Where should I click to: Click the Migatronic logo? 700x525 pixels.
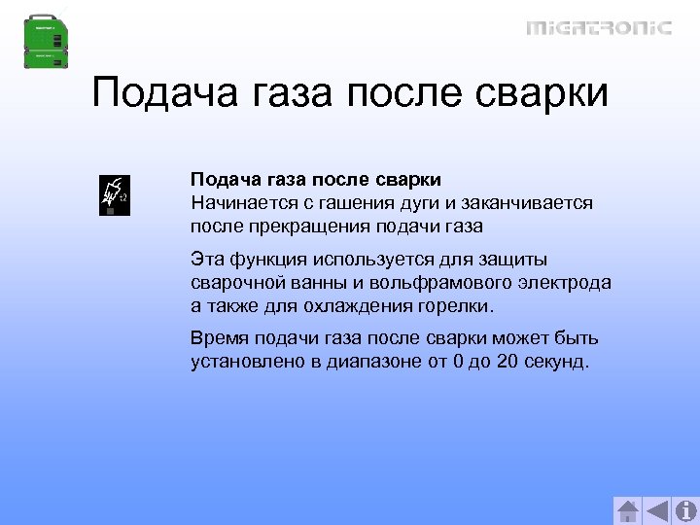coord(598,28)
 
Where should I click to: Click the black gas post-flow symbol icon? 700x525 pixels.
coord(115,194)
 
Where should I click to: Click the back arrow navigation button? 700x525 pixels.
coord(657,511)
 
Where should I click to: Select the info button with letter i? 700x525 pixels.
coord(685,511)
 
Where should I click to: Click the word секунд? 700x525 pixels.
coord(551,363)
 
